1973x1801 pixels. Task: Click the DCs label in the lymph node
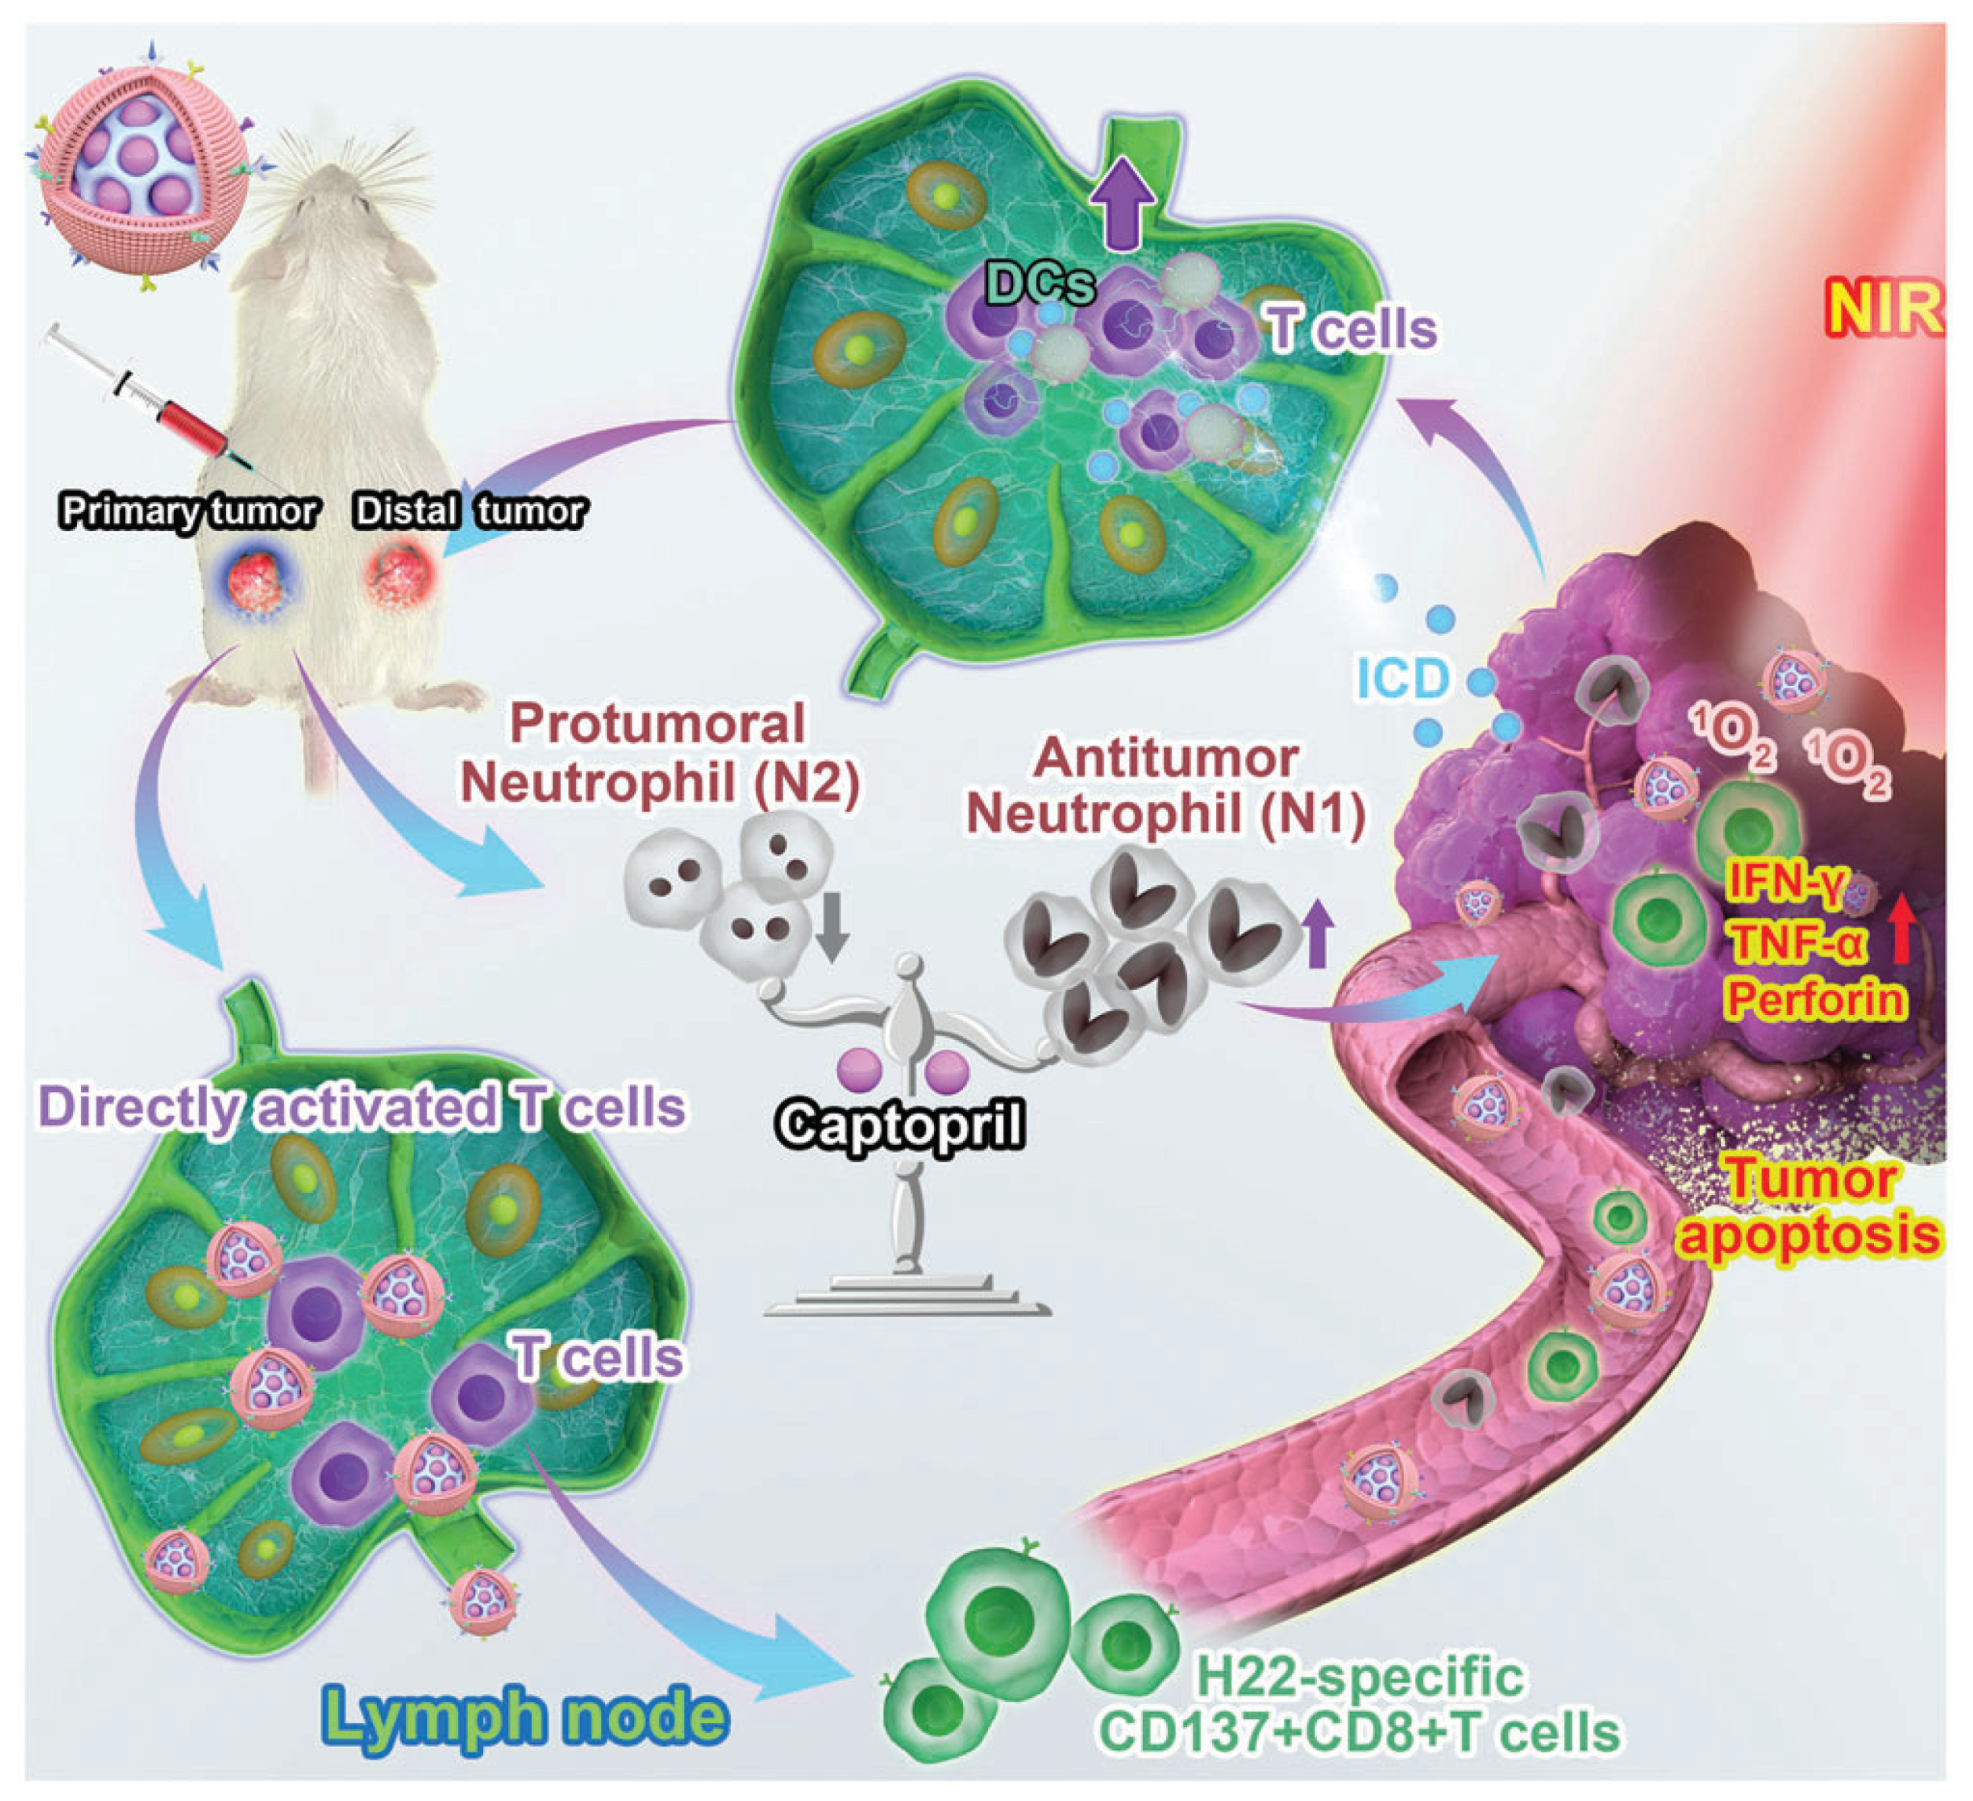[x=1039, y=285]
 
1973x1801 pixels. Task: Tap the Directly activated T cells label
[x=362, y=1107]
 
